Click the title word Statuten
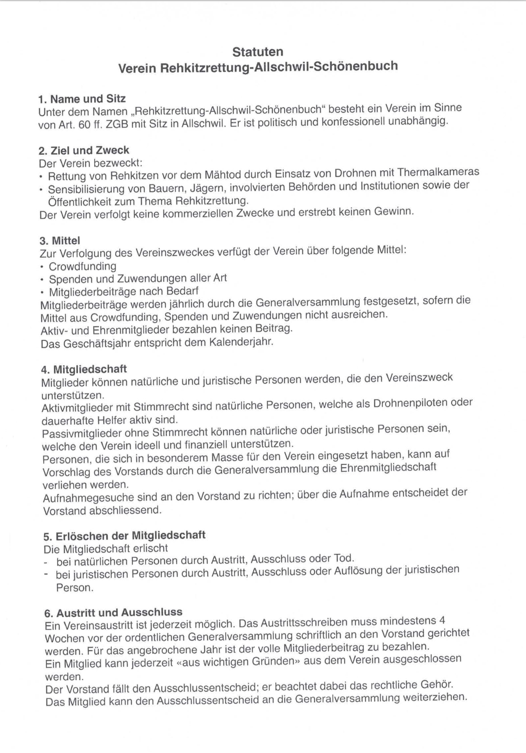click(x=258, y=52)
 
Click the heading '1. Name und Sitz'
click(x=82, y=99)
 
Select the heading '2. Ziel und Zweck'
click(x=84, y=150)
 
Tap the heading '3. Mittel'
click(x=60, y=241)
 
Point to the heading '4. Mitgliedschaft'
click(x=84, y=369)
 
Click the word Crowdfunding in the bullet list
click(x=82, y=266)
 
